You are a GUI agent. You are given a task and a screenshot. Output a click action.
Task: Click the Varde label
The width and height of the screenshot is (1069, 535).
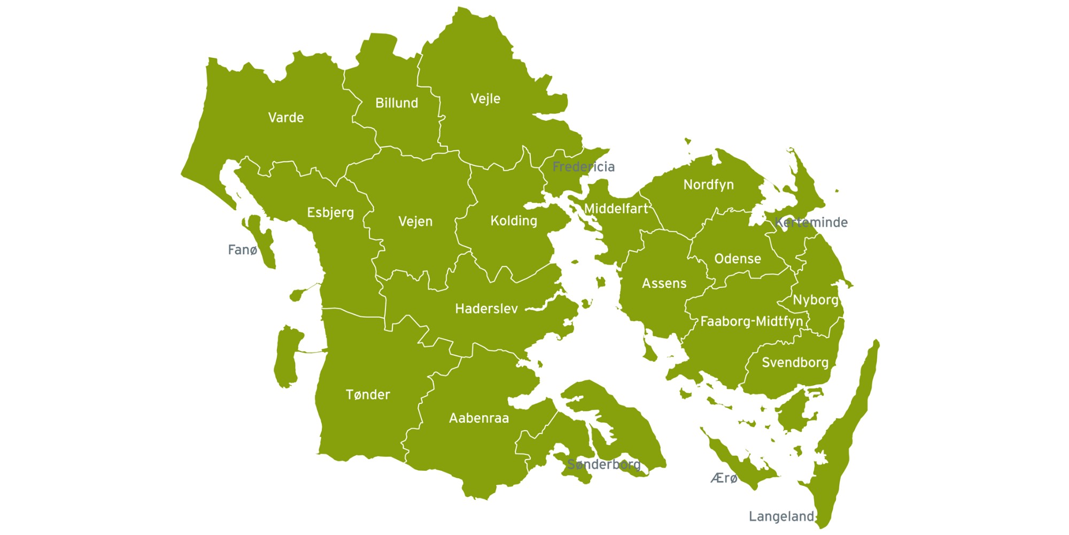click(x=286, y=118)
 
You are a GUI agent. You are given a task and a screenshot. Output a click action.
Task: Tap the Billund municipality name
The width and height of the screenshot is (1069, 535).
click(x=397, y=103)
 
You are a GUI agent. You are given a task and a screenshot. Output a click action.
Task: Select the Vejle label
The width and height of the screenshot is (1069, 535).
click(x=485, y=99)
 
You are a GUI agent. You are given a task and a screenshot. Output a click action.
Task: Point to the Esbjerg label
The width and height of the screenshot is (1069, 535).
click(x=330, y=213)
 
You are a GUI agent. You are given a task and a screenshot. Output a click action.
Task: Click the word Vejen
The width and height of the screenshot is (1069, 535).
click(x=415, y=221)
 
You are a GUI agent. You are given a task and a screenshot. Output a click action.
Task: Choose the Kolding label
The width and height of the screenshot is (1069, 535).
click(x=514, y=221)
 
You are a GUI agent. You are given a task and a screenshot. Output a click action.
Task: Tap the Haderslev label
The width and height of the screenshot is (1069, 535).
click(x=486, y=309)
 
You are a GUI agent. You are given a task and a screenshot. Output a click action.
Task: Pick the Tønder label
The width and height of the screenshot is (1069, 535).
click(x=368, y=395)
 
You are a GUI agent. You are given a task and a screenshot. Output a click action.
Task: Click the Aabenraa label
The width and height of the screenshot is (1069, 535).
click(x=479, y=418)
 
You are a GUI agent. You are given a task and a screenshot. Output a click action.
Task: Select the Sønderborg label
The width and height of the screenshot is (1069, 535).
click(x=604, y=464)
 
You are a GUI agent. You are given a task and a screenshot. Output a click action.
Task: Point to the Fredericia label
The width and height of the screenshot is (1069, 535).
click(x=583, y=167)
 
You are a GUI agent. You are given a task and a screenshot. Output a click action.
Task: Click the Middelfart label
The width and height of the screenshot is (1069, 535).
click(x=616, y=209)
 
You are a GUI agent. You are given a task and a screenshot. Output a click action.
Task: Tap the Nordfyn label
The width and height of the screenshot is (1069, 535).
click(x=708, y=185)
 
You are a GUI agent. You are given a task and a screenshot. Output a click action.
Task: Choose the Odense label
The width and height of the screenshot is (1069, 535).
click(x=738, y=259)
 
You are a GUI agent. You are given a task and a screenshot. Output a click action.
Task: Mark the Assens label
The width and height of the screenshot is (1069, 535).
click(x=664, y=284)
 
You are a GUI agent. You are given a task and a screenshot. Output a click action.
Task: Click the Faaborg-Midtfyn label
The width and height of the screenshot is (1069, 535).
click(x=752, y=322)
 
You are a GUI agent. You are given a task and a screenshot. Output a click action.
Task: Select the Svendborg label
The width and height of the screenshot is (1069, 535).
click(x=795, y=363)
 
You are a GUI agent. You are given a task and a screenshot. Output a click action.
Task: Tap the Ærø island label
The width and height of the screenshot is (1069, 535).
click(x=724, y=478)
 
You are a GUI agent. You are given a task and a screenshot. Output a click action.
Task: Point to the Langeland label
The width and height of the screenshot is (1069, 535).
click(x=781, y=517)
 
